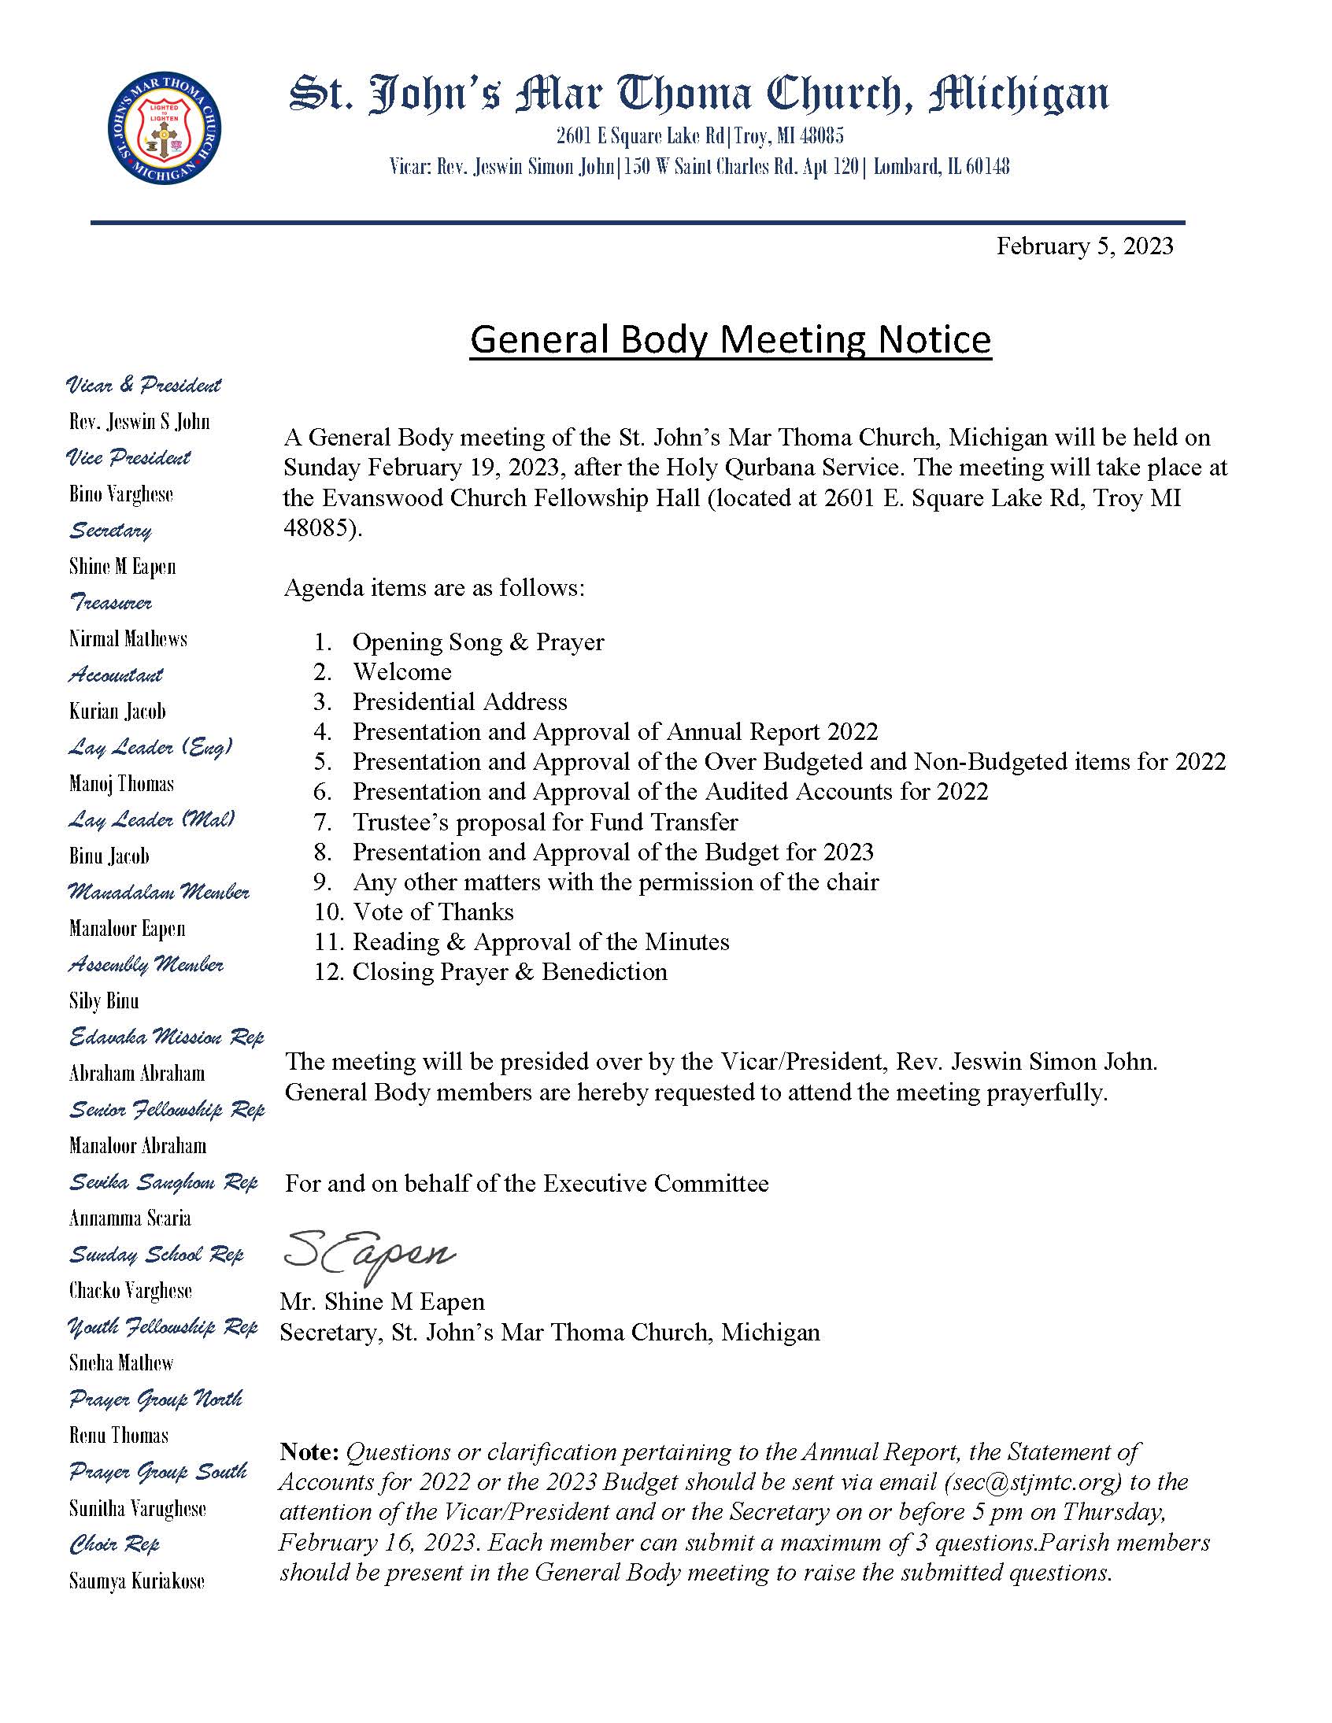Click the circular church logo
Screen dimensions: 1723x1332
163,130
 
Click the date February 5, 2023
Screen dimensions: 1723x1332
1084,246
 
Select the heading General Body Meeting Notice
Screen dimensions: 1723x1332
730,340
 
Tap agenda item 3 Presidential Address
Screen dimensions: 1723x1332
459,701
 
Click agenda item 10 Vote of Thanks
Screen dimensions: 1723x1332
432,912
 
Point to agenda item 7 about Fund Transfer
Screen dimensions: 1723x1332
545,822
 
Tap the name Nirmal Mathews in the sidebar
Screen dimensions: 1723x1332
128,638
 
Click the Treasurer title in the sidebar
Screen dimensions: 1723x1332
110,603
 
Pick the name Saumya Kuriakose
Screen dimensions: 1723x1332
136,1582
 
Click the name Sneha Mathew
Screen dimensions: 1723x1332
120,1363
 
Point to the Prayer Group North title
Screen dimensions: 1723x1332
155,1399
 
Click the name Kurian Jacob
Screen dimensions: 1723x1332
117,711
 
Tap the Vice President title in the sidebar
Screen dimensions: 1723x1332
128,457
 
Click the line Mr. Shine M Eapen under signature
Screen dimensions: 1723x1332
382,1302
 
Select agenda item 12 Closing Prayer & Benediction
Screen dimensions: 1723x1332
509,972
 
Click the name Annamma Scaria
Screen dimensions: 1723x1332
129,1218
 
